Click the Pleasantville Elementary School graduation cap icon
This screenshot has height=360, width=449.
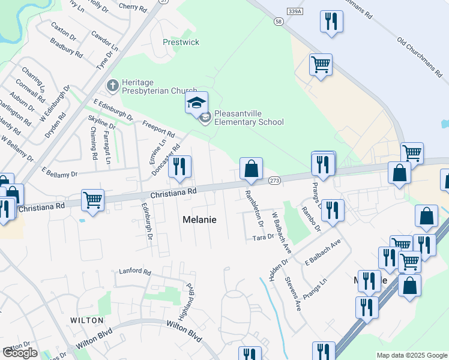pyautogui.click(x=196, y=103)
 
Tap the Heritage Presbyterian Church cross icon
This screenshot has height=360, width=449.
pyautogui.click(x=112, y=86)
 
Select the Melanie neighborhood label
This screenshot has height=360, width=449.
pyautogui.click(x=199, y=220)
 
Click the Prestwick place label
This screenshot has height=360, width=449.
pyautogui.click(x=181, y=43)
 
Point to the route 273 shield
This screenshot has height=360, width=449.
pyautogui.click(x=275, y=180)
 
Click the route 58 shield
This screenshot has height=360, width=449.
pyautogui.click(x=278, y=21)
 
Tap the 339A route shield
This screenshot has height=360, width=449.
pyautogui.click(x=295, y=11)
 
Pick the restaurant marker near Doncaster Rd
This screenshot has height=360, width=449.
pyautogui.click(x=179, y=167)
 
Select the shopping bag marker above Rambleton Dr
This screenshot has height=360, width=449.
pyautogui.click(x=251, y=169)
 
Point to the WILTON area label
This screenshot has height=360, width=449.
pyautogui.click(x=87, y=320)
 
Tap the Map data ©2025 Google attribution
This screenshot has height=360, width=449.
pyautogui.click(x=412, y=355)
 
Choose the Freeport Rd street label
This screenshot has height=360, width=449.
pyautogui.click(x=158, y=128)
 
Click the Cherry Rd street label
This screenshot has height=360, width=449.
pyautogui.click(x=133, y=7)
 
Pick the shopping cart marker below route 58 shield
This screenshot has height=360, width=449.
pyautogui.click(x=321, y=65)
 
